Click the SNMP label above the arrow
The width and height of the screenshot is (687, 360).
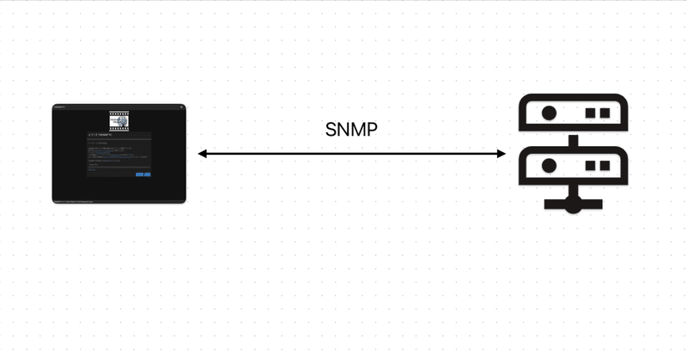[351, 130]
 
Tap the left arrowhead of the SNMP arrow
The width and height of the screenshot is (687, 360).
[203, 154]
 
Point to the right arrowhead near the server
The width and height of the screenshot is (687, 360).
[502, 154]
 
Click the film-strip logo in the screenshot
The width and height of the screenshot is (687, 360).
[119, 120]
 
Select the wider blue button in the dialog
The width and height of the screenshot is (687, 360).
[139, 174]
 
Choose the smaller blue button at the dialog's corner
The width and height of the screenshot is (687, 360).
[148, 174]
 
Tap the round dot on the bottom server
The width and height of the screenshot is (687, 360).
[545, 164]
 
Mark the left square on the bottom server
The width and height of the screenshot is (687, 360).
[590, 164]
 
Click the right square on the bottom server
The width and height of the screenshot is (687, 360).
[604, 164]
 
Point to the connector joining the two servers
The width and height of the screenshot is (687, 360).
[574, 139]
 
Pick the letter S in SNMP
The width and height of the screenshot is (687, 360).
[331, 130]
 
